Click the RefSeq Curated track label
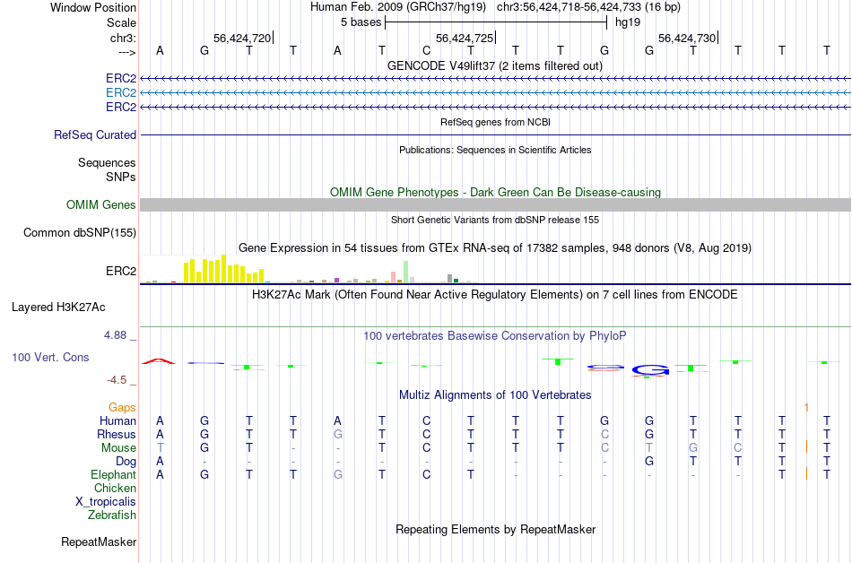pos(95,134)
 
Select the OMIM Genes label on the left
pos(101,205)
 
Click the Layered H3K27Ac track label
pos(58,307)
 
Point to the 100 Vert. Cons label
pos(50,357)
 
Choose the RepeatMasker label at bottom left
pos(99,541)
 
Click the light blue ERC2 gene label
pos(121,92)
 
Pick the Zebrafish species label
pos(112,515)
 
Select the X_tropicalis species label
pos(106,502)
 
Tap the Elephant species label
pos(113,474)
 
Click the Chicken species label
pos(115,489)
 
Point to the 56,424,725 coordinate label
pos(464,39)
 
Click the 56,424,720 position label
pos(241,39)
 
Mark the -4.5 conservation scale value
pos(119,379)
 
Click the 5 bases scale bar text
pos(361,22)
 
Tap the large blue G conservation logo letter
pos(650,369)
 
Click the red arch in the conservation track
pos(159,360)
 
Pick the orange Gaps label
pos(122,407)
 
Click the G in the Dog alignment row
pos(648,461)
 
